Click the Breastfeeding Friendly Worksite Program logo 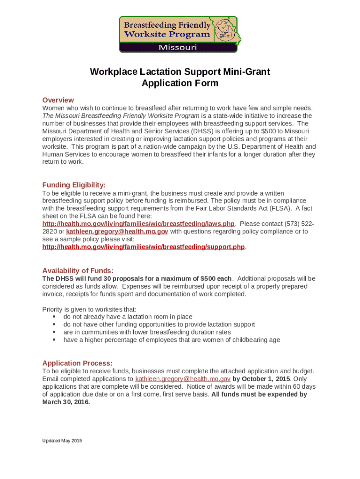point(178,34)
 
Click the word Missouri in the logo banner point(178,47)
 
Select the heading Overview point(58,100)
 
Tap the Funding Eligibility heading point(74,185)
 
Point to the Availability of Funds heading point(78,271)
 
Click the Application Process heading point(77,363)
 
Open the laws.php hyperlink point(138,224)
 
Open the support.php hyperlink point(144,247)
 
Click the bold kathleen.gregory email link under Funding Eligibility point(117,232)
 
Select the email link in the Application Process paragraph point(183,378)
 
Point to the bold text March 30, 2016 point(66,401)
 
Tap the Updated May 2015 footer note point(62,441)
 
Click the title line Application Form point(180,83)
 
